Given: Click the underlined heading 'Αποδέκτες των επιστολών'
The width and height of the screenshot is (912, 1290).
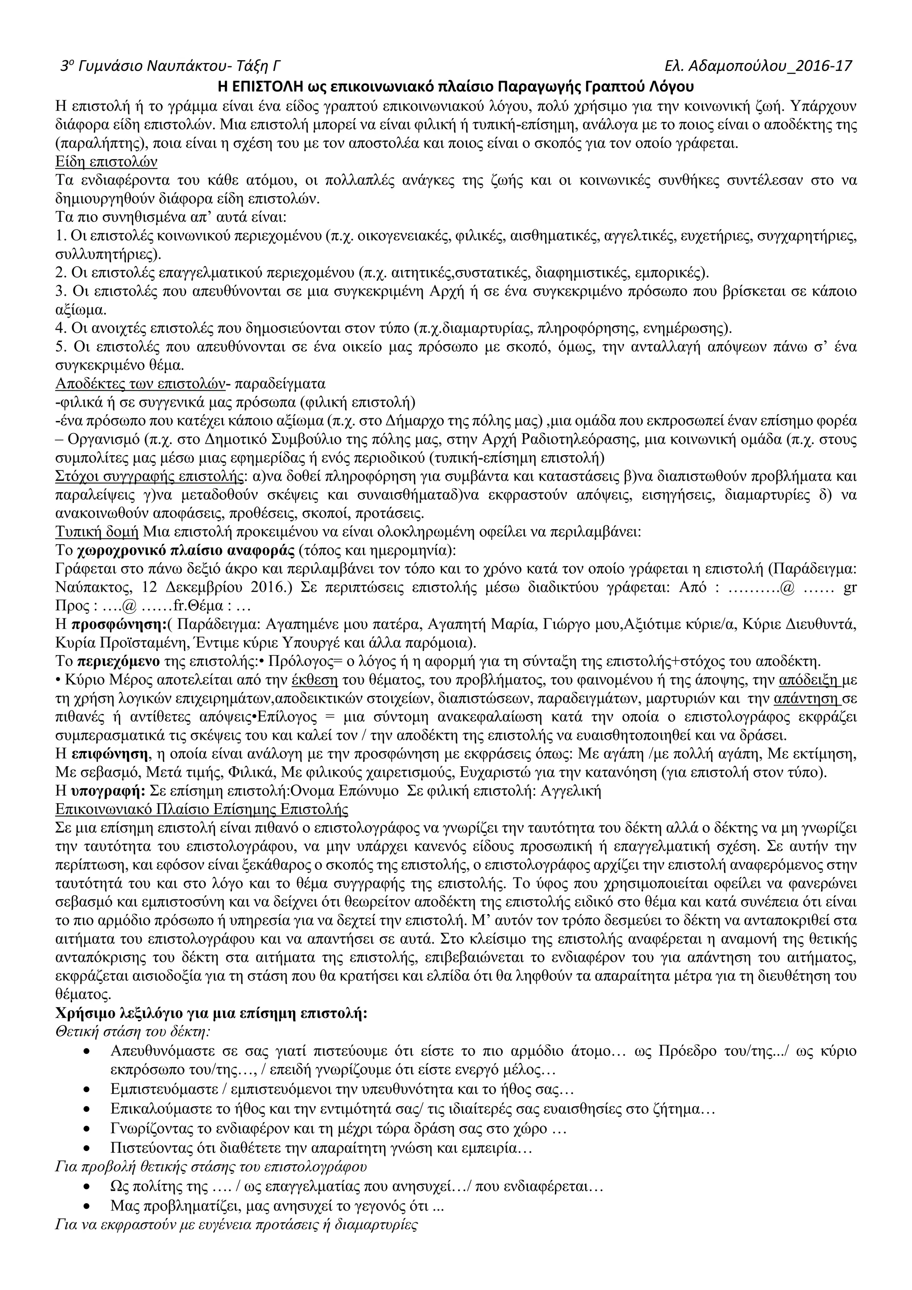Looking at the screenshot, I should click(139, 384).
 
